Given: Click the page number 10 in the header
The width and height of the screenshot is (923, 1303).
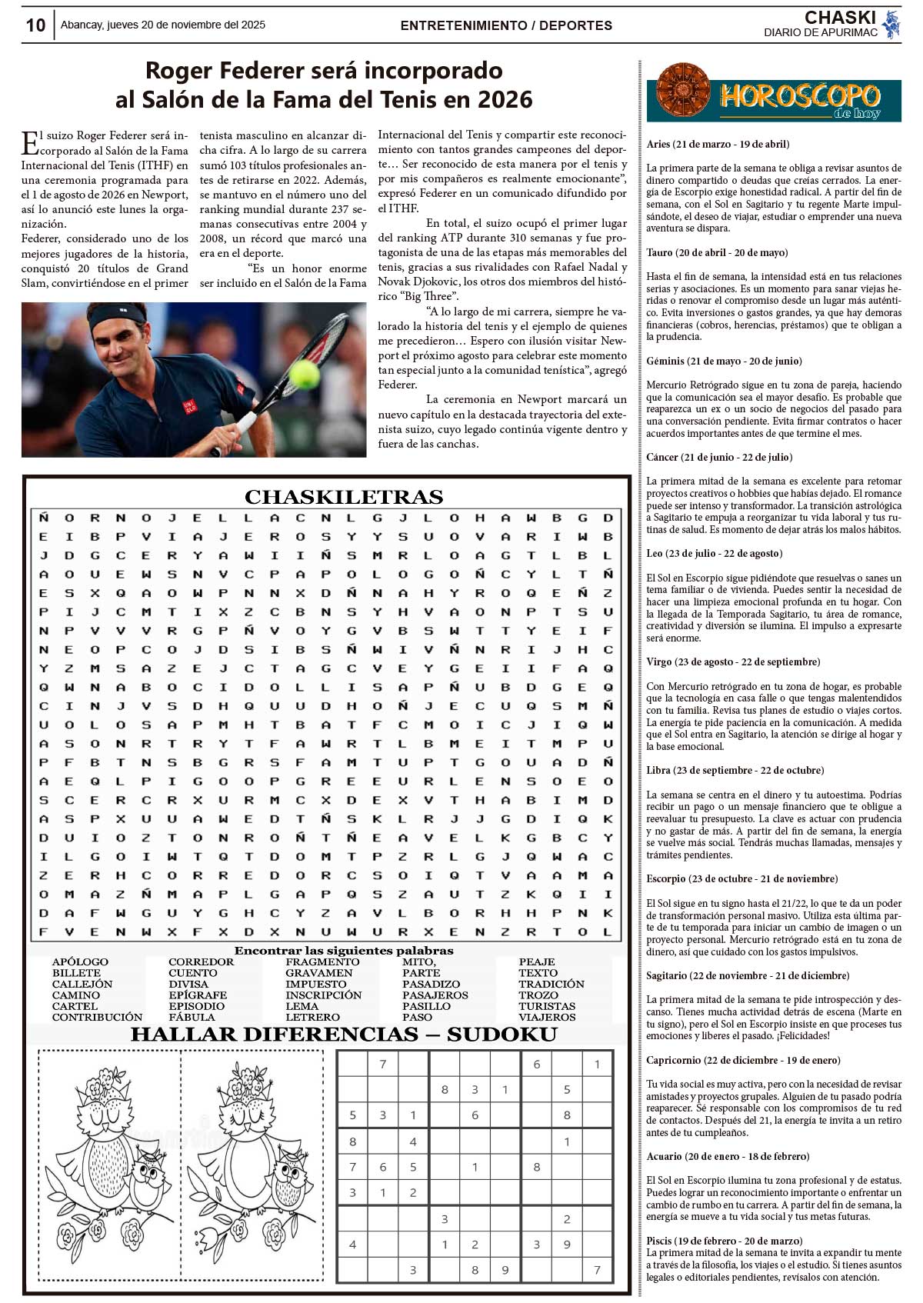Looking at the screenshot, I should tap(35, 25).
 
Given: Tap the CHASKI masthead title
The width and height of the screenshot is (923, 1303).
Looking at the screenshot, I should tap(840, 18).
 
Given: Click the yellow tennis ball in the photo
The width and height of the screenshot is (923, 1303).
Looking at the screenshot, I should tap(304, 374).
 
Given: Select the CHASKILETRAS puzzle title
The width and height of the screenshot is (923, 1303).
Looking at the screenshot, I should tap(344, 497).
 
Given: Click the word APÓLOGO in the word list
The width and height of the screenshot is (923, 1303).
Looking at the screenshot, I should tap(80, 961).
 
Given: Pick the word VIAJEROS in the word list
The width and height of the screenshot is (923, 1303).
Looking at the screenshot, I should tap(547, 1017).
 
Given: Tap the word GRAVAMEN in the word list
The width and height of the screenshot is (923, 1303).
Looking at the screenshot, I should tap(318, 973).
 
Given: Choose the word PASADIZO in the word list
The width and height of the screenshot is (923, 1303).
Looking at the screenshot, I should tap(431, 984).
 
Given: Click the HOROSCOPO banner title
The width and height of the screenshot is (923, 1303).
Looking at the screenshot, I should tap(800, 96).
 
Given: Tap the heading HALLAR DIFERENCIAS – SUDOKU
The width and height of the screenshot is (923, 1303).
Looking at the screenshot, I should tap(344, 1035).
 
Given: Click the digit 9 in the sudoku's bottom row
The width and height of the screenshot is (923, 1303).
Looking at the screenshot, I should tap(505, 1270).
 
